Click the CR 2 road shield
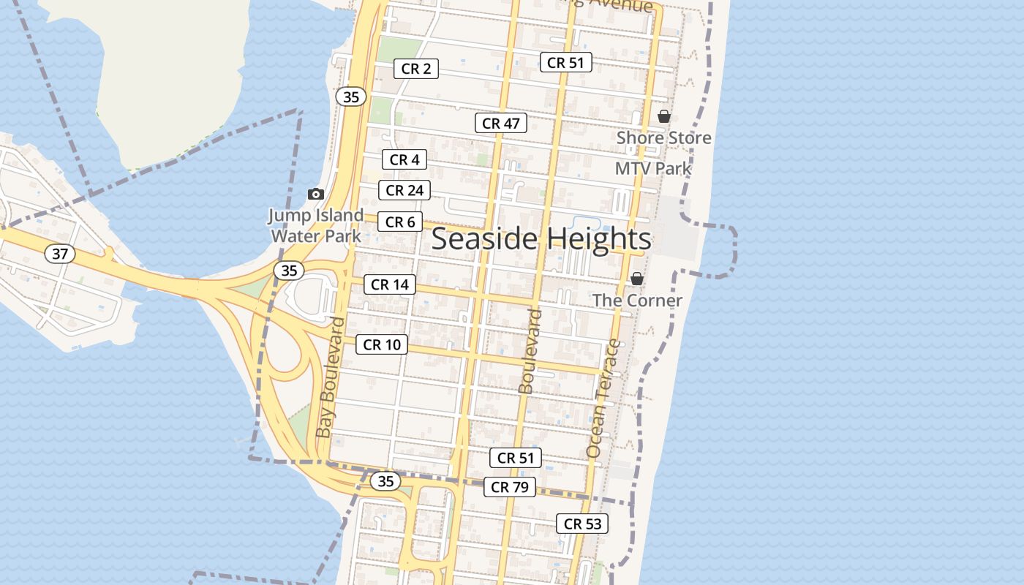pos(416,69)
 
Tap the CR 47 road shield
pos(501,124)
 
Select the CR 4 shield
pos(404,159)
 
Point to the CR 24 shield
pos(404,191)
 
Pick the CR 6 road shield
pos(400,222)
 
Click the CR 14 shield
pos(390,284)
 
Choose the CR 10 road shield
pos(382,344)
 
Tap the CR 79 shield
pos(510,487)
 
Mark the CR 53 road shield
pos(582,524)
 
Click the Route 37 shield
pos(60,254)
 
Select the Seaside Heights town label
pos(541,239)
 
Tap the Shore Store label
pos(663,137)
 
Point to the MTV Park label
pos(653,168)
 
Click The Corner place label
pos(637,300)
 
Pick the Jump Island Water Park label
pos(316,225)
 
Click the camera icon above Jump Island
pos(316,194)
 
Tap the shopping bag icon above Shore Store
pos(663,116)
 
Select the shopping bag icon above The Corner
pos(637,279)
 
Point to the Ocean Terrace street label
pos(603,399)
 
